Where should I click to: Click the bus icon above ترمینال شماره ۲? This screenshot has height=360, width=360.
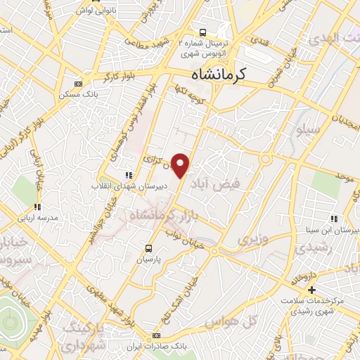pyautogui.click(x=202, y=32)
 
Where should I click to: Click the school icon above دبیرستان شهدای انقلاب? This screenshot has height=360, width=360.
pyautogui.click(x=127, y=175)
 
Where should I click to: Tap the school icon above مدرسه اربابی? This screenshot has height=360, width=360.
pyautogui.click(x=37, y=207)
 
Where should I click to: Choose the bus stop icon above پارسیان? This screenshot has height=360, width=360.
pyautogui.click(x=148, y=247)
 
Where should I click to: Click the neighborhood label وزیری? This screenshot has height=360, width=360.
pyautogui.click(x=253, y=240)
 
